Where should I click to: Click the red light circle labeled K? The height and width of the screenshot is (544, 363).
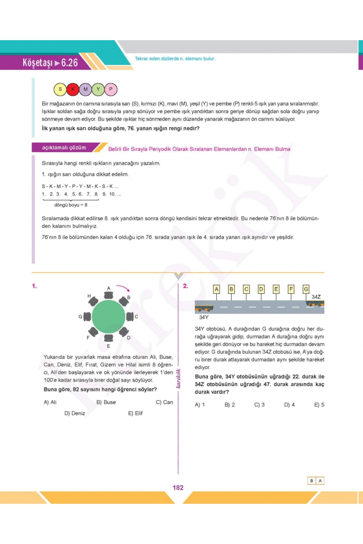[x=73, y=89]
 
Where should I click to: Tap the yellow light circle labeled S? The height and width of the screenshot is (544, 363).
[x=60, y=89]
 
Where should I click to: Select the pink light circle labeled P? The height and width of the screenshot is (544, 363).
[x=111, y=89]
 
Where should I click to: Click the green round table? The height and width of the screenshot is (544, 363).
[x=108, y=316]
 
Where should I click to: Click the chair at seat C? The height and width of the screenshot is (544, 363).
[x=130, y=316]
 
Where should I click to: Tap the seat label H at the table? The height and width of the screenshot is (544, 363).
[x=89, y=296]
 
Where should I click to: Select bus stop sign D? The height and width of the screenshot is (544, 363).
[x=261, y=289]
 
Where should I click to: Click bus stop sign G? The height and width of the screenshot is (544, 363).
[x=306, y=289]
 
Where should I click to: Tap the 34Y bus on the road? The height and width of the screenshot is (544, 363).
[x=204, y=309]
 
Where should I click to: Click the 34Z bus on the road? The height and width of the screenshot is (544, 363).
[x=315, y=303]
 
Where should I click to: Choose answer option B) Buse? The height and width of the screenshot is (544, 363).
[x=106, y=402]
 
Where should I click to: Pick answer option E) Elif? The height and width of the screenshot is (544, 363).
[x=135, y=413]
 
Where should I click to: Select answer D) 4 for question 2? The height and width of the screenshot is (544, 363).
[x=289, y=405]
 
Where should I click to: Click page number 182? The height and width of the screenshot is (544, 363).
[x=178, y=487]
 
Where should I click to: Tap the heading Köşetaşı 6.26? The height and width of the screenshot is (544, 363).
[x=50, y=63]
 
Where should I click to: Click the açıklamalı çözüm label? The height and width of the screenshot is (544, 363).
[x=64, y=147]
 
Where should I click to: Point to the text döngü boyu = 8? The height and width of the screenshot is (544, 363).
[x=71, y=205]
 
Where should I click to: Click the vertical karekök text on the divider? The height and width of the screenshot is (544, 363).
[x=178, y=378]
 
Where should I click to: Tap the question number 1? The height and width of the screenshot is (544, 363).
[x=34, y=286]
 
